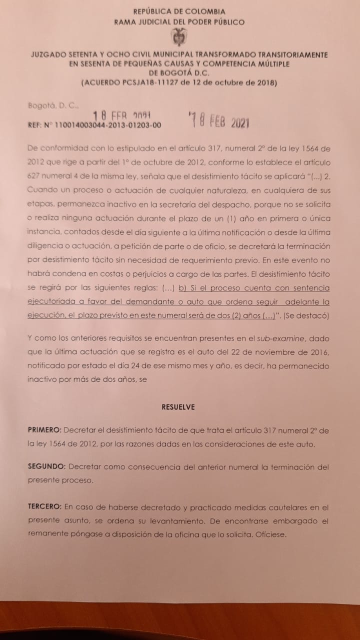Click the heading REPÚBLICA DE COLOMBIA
pos(179,11)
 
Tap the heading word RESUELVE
pos(178,407)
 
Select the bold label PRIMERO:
pos(44,430)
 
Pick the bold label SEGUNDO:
pos(46,466)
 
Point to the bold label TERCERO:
pos(45,506)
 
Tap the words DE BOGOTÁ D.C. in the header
pos(178,72)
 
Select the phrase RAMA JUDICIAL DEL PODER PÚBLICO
pos(179,21)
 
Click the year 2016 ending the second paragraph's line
pos(319,352)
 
